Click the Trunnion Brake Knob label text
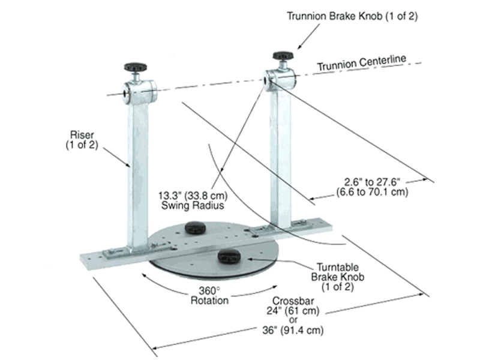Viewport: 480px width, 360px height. click(x=352, y=16)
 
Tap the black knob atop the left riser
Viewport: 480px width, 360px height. click(x=136, y=67)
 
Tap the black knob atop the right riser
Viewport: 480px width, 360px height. click(x=283, y=56)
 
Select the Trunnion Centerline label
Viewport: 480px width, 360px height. click(x=362, y=62)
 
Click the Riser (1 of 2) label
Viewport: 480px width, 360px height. click(x=82, y=140)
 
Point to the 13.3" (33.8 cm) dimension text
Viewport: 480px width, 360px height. click(x=193, y=196)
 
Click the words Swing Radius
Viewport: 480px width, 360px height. click(x=193, y=205)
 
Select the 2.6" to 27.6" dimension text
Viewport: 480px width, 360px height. click(x=372, y=182)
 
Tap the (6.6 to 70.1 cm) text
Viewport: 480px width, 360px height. click(x=372, y=192)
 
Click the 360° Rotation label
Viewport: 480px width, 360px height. click(x=209, y=295)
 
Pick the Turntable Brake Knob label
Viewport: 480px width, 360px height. click(x=338, y=277)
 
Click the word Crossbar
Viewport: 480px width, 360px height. click(x=293, y=301)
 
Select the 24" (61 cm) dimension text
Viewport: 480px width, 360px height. click(x=293, y=311)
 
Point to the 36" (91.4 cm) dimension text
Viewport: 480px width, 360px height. click(x=293, y=331)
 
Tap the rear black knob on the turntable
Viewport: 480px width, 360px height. click(x=196, y=227)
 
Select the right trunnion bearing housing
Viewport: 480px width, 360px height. click(x=279, y=80)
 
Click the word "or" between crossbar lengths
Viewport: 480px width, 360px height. click(x=293, y=320)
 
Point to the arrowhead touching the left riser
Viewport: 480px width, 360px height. click(x=128, y=164)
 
